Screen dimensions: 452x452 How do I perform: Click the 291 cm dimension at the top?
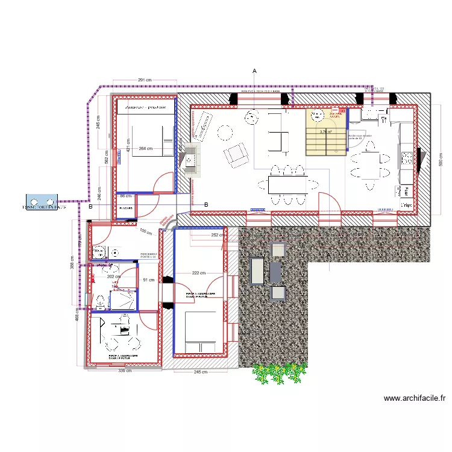click(x=145, y=80)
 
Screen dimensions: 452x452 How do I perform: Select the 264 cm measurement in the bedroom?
click(x=145, y=148)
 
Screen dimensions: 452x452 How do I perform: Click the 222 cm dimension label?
click(x=200, y=274)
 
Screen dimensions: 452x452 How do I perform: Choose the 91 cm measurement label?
click(x=149, y=280)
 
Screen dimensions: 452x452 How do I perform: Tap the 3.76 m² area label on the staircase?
click(x=326, y=131)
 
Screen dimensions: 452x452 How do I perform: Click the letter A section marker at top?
click(x=254, y=72)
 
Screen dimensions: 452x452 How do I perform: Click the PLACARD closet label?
click(x=126, y=208)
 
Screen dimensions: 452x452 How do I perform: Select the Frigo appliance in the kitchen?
click(x=407, y=205)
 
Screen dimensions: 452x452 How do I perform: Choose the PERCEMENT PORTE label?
click(x=148, y=256)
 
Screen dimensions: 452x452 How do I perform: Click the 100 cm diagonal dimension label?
click(x=145, y=232)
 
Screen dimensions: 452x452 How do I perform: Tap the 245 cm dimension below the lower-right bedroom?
click(x=200, y=372)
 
